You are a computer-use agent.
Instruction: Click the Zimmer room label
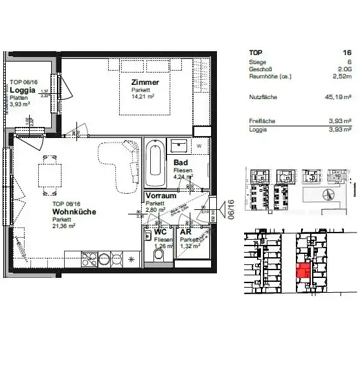[x=145, y=83]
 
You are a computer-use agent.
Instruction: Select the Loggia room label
[x=22, y=91]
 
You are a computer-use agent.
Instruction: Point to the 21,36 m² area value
[x=65, y=226]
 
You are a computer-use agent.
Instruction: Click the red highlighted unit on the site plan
[x=302, y=270]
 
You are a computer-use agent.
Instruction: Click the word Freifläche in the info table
[x=262, y=121]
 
